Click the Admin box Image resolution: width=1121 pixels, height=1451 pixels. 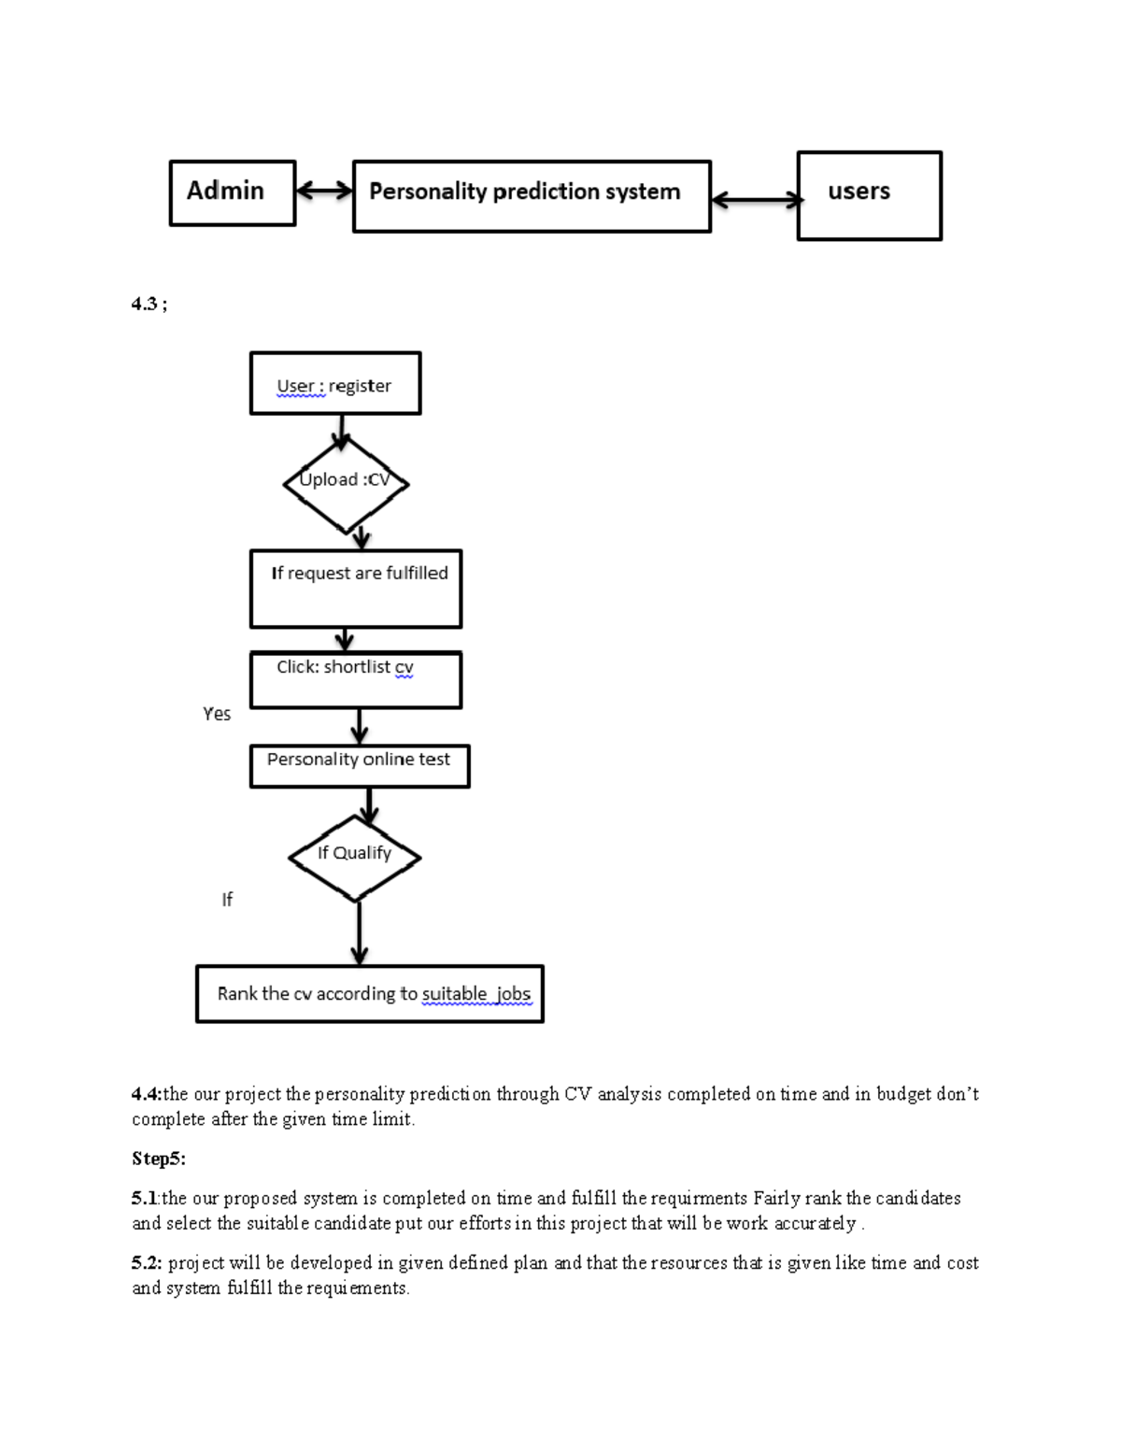(232, 192)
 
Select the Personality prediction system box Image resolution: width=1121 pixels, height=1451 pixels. (531, 195)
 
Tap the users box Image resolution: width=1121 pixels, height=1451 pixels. (869, 195)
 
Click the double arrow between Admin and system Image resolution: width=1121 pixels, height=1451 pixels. (324, 192)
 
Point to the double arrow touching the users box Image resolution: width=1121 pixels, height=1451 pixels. (756, 199)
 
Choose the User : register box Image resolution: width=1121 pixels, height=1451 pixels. (334, 383)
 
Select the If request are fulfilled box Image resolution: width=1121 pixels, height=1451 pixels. (355, 589)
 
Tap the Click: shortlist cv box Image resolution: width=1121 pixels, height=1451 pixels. (355, 679)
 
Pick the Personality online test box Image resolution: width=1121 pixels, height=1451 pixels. (359, 765)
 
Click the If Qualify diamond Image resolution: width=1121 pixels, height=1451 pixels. (354, 856)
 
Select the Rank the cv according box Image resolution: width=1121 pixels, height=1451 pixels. (369, 993)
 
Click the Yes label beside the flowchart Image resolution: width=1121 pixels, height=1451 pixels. (217, 714)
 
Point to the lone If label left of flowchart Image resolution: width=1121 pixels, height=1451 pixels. (226, 900)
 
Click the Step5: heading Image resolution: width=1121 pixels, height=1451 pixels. (158, 1159)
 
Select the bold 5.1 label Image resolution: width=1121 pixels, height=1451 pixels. (145, 1198)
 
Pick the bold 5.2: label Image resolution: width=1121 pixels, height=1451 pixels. (147, 1262)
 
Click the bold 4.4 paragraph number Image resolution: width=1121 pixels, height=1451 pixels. (146, 1093)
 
